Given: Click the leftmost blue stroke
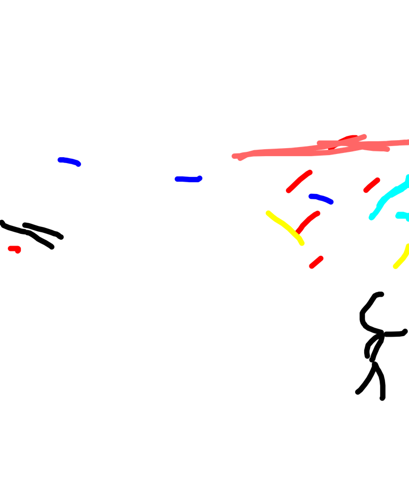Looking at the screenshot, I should (69, 161).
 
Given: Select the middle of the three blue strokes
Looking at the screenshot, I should (189, 179).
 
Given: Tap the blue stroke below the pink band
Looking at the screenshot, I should (321, 198).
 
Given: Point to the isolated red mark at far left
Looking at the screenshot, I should (14, 249).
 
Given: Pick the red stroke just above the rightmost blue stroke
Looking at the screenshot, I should (299, 181).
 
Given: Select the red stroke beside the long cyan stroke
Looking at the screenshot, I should (371, 185).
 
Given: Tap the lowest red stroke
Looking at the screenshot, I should (316, 262).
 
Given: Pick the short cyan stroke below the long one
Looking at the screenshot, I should (402, 215).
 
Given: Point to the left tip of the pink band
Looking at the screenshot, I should (234, 156).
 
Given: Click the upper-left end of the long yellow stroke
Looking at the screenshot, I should (268, 213).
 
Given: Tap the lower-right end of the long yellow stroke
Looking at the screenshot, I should (302, 243).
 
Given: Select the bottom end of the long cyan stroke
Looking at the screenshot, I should (372, 217).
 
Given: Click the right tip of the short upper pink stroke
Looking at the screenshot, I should (365, 136).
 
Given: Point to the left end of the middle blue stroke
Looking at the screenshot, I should (177, 178).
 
